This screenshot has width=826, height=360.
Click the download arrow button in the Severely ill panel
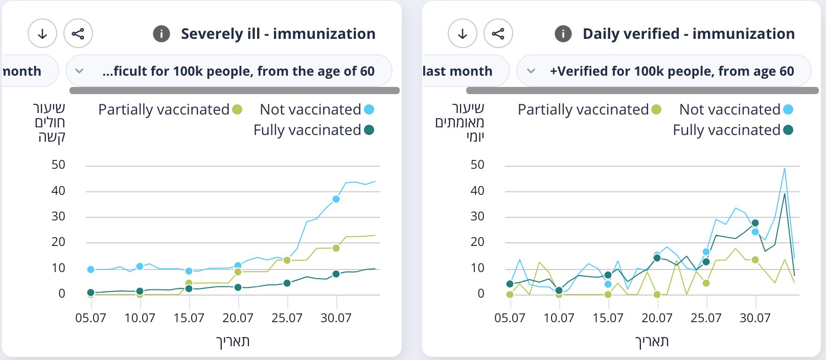42,34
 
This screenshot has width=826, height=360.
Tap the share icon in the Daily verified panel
498,34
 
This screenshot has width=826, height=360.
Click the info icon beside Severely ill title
162,34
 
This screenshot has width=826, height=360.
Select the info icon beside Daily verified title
563,34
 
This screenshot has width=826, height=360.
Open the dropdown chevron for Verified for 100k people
531,71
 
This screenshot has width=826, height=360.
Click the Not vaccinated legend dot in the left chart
369,109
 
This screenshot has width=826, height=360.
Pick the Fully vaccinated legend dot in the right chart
788,130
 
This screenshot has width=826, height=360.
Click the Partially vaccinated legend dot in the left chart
237,109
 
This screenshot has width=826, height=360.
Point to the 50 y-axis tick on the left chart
58,165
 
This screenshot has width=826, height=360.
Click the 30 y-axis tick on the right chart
477,216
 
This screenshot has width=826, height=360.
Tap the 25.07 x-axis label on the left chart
287,318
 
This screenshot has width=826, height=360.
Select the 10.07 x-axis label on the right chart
559,318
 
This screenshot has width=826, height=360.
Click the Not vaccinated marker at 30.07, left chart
336,199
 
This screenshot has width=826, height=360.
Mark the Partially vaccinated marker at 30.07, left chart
336,248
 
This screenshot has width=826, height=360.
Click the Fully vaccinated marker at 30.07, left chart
336,274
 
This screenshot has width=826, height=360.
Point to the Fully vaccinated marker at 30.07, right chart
755,223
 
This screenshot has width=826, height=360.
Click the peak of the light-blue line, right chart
784,168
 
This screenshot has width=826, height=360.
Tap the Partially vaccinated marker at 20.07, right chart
657,295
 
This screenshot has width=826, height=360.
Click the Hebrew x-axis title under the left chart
233,342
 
